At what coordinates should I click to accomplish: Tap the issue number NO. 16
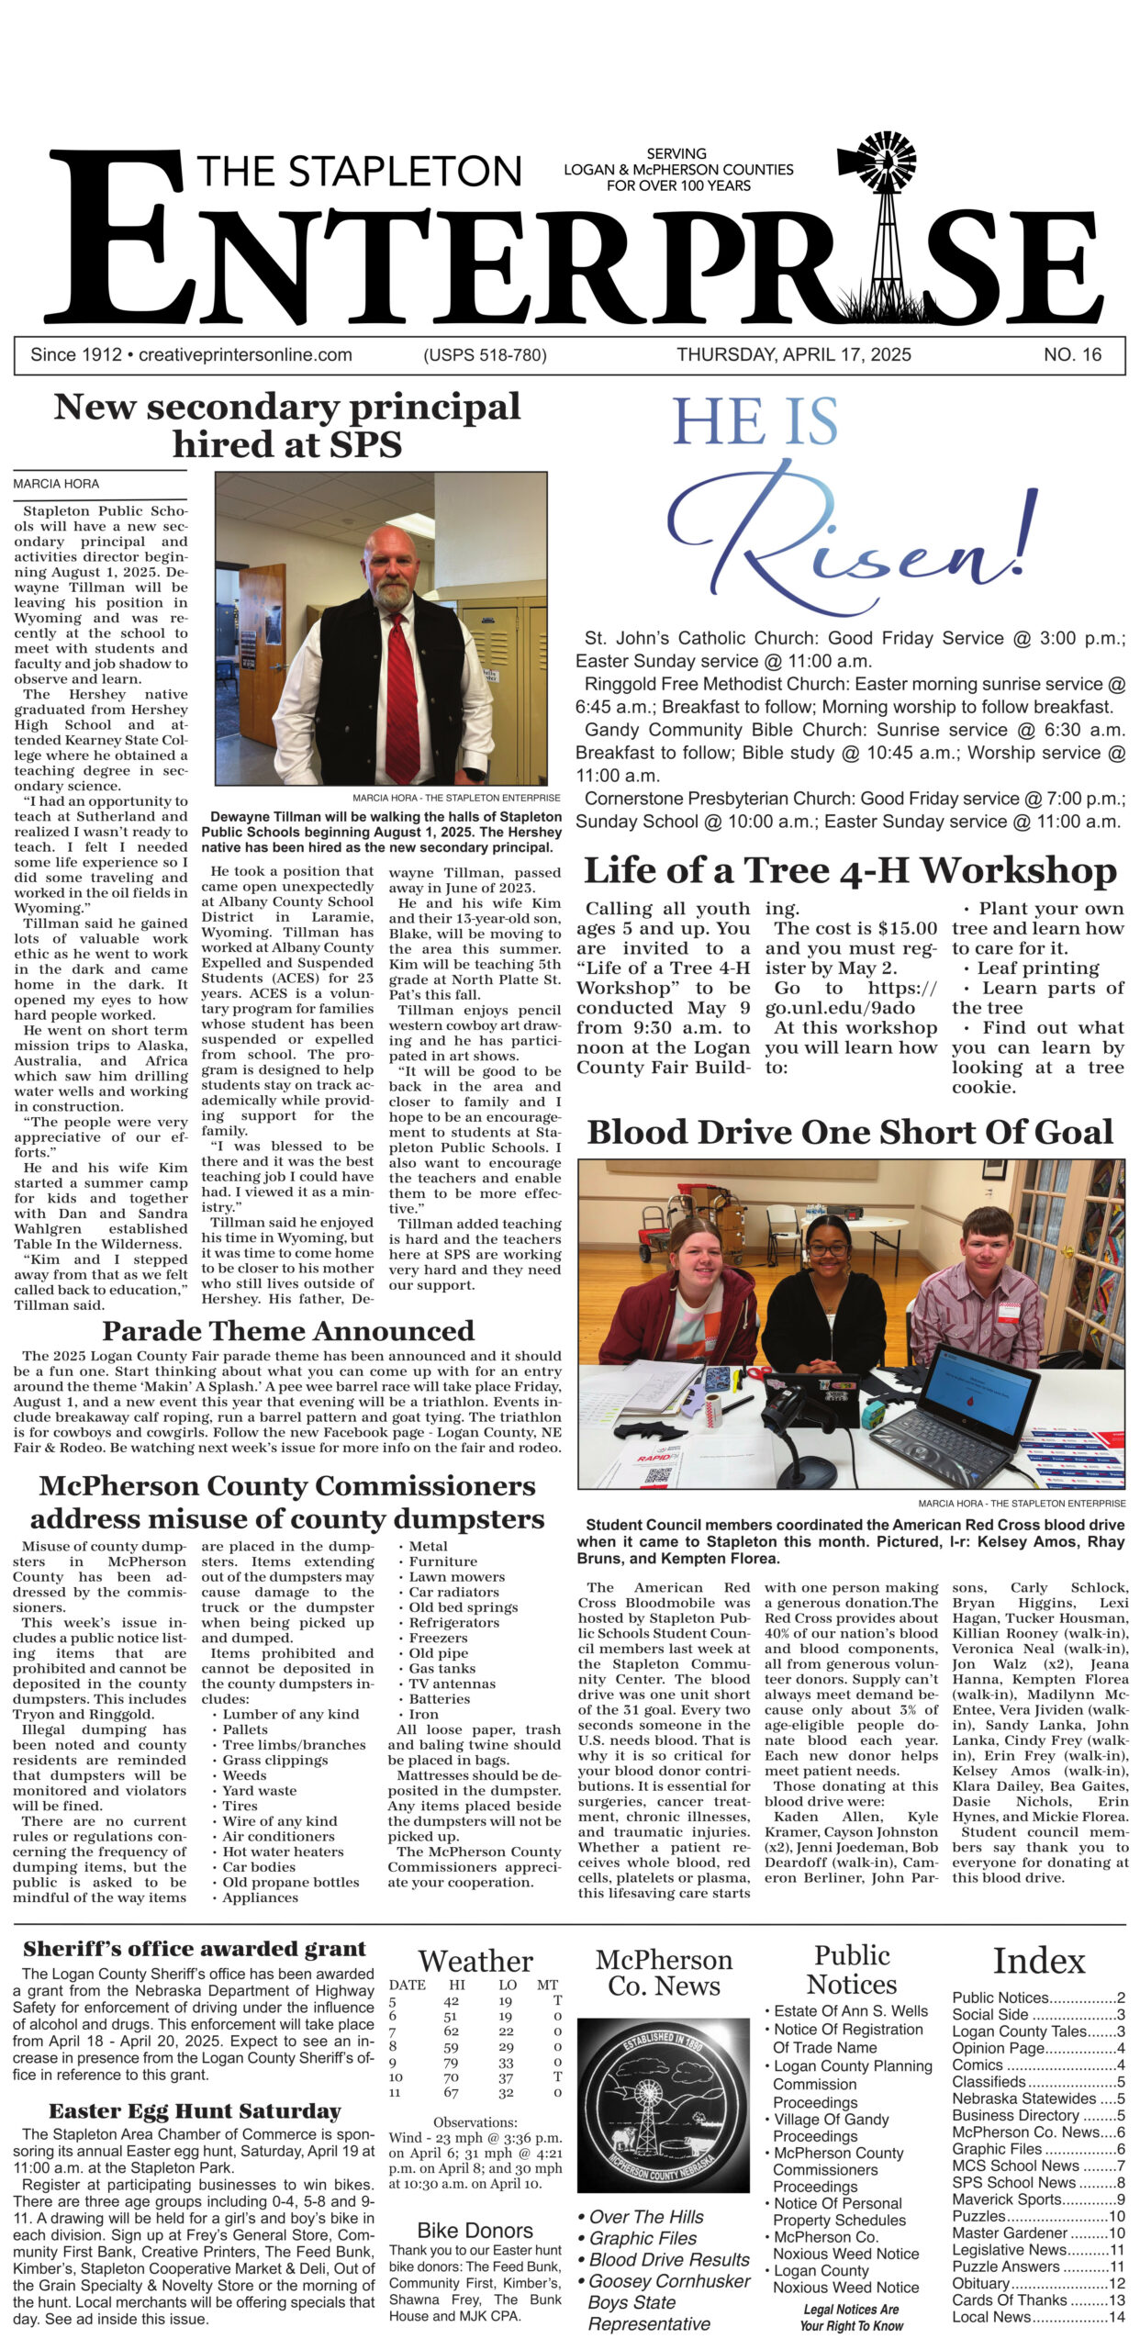[x=1072, y=355]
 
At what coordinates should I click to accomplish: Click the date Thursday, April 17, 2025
[x=794, y=355]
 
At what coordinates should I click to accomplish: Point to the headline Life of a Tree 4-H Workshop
[x=850, y=870]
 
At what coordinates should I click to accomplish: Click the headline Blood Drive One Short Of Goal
[x=850, y=1132]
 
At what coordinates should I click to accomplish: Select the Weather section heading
[x=475, y=1962]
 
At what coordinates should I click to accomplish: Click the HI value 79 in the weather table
[x=451, y=2063]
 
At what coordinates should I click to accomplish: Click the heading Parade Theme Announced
[x=288, y=1331]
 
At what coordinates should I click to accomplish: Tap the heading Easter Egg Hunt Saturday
[x=195, y=2111]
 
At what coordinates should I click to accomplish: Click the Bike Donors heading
[x=475, y=2231]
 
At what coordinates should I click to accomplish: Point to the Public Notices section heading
[x=851, y=1970]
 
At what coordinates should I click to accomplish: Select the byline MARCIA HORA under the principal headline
[x=56, y=484]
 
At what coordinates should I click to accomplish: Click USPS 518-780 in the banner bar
[x=485, y=355]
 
